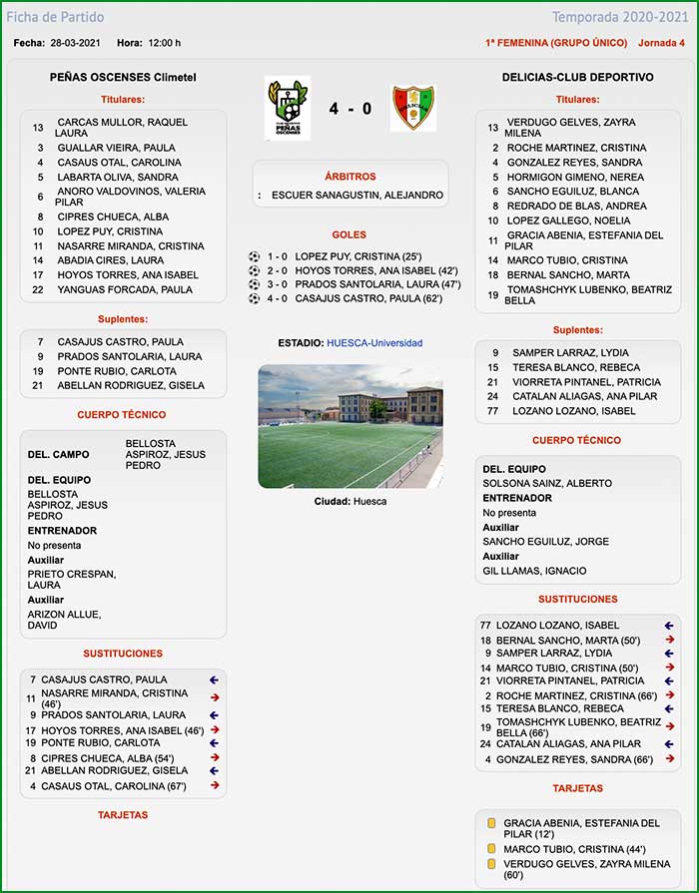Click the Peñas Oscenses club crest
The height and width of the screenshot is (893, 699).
pyautogui.click(x=287, y=108)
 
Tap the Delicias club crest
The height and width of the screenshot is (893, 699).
pyautogui.click(x=412, y=108)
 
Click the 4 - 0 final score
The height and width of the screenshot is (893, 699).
pyautogui.click(x=349, y=109)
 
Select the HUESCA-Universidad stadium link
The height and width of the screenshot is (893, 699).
pyautogui.click(x=373, y=343)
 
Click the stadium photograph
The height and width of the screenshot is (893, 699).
pyautogui.click(x=349, y=426)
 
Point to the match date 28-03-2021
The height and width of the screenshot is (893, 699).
pyautogui.click(x=77, y=43)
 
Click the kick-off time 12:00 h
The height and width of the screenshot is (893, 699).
pyautogui.click(x=164, y=43)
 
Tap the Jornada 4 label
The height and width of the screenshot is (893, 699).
pyautogui.click(x=661, y=43)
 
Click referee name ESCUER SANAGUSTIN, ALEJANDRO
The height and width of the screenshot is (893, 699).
pyautogui.click(x=356, y=196)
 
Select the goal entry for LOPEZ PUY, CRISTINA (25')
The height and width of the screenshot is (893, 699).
pyautogui.click(x=345, y=256)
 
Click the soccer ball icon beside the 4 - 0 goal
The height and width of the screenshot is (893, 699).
pyautogui.click(x=254, y=298)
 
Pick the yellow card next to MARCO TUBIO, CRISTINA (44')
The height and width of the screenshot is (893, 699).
pyautogui.click(x=490, y=849)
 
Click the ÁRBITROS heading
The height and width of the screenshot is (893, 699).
pyautogui.click(x=349, y=177)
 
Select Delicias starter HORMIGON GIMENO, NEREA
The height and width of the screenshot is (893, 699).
pyautogui.click(x=575, y=177)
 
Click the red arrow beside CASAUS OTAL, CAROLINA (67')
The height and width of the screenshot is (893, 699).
pyautogui.click(x=214, y=785)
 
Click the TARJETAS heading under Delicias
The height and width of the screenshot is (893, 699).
pyautogui.click(x=577, y=788)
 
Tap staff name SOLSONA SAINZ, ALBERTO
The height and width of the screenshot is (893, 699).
pyautogui.click(x=547, y=483)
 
